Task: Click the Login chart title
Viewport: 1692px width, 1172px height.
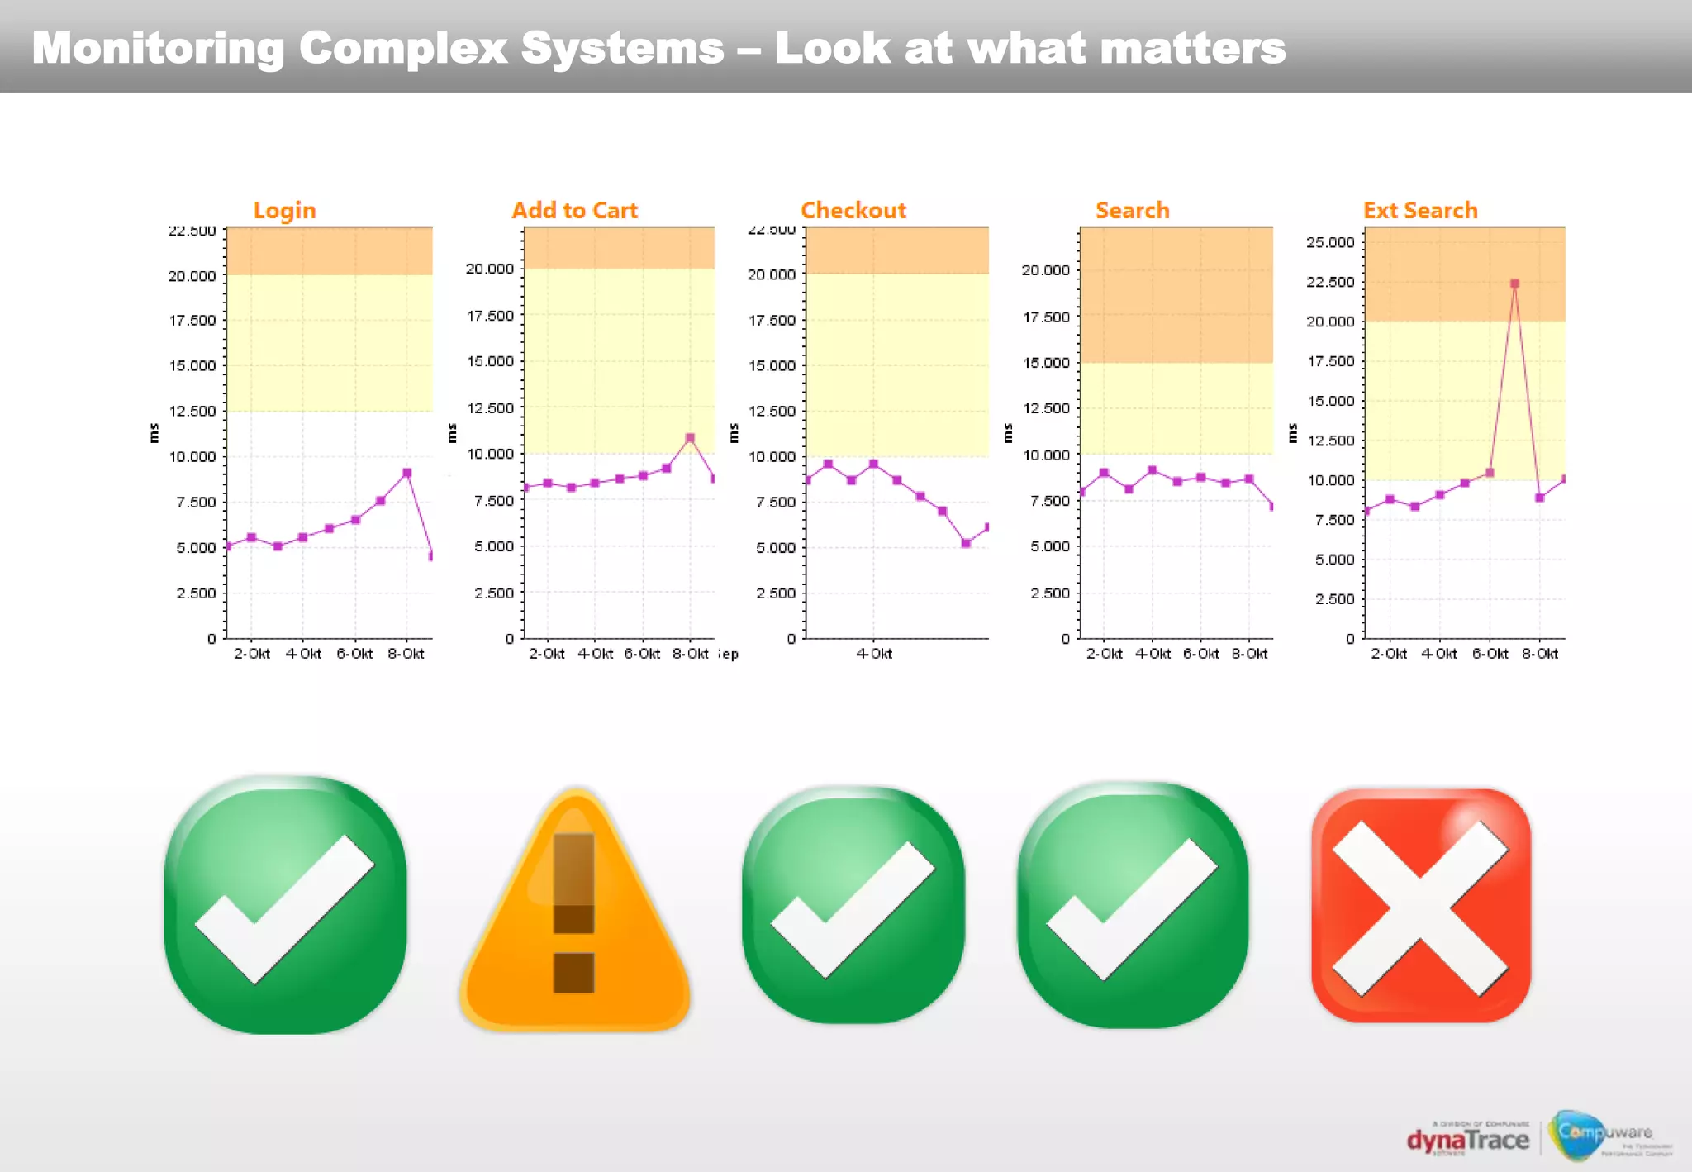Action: coord(284,211)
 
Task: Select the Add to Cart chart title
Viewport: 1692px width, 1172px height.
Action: coord(574,211)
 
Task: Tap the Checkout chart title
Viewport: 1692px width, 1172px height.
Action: coord(853,211)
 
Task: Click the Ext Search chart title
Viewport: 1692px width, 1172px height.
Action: coord(1420,211)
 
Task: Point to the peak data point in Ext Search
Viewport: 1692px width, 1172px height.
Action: coord(1514,283)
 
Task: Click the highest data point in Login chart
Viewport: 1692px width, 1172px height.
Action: coord(406,473)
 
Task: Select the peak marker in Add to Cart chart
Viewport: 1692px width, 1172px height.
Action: coord(690,438)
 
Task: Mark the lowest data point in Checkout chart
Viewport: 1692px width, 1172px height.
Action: coord(966,543)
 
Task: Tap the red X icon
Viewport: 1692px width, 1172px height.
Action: coord(1421,906)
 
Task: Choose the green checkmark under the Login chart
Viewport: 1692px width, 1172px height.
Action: coord(285,905)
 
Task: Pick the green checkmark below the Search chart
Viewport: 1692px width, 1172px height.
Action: coord(1132,905)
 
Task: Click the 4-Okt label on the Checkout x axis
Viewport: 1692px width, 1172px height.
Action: coord(874,654)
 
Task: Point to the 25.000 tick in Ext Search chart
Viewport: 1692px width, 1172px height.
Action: coord(1330,242)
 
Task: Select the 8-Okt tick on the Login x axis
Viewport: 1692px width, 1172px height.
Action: coord(406,654)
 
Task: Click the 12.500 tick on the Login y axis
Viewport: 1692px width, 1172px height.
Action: coord(192,411)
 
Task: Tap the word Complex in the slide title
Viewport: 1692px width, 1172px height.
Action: coord(402,48)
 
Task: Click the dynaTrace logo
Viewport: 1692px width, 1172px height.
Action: coord(1467,1140)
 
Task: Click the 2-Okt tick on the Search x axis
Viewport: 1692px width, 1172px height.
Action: coord(1104,654)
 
